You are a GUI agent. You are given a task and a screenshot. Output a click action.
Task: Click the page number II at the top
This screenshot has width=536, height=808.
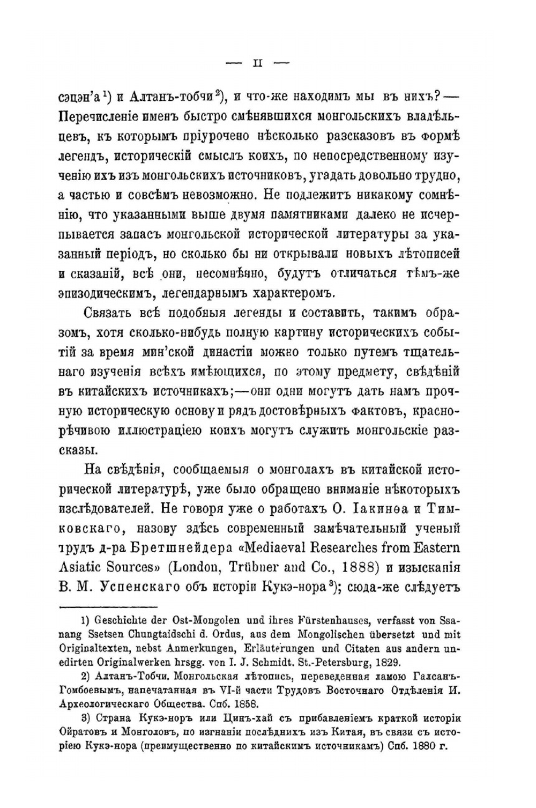[257, 63]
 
